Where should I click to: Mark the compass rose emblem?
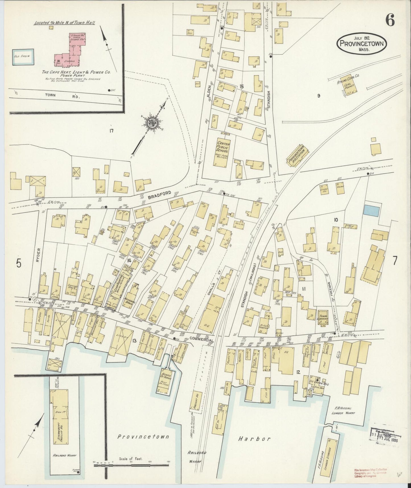click(151, 123)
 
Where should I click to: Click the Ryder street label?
click(39, 255)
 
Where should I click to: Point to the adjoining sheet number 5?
click(18, 264)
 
